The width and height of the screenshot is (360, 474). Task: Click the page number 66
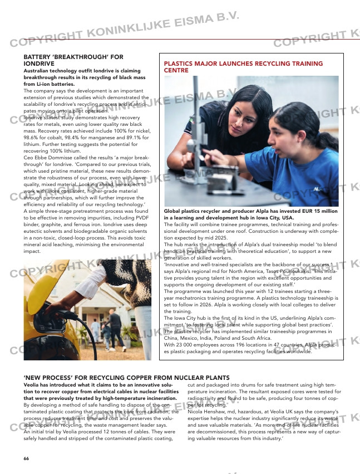tap(26, 458)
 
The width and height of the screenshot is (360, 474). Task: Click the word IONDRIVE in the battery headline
tap(39, 64)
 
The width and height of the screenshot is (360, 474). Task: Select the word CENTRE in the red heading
tap(176, 71)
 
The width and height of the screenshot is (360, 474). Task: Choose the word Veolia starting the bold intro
tap(32, 385)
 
